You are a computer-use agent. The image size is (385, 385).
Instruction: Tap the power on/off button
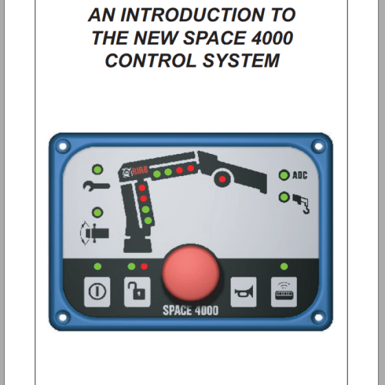pos(97,292)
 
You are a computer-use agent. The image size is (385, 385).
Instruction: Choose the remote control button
pos(283,292)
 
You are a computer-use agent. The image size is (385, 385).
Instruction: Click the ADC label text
pos(300,175)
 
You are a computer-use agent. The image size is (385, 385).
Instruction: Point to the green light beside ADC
pos(283,175)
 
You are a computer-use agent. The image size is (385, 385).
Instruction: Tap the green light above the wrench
pos(98,169)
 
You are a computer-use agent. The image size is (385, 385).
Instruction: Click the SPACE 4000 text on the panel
pos(190,310)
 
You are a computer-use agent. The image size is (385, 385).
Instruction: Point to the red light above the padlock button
pos(144,266)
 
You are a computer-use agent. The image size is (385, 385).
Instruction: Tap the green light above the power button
pos(97,266)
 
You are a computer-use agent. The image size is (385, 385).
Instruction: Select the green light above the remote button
pos(283,266)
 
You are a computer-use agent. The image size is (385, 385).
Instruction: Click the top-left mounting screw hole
pos(61,146)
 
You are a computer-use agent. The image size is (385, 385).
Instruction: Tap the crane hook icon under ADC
pos(300,203)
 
